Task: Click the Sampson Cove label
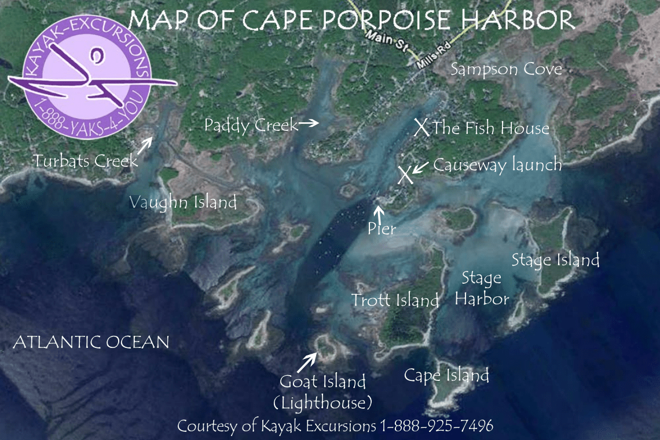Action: (506, 69)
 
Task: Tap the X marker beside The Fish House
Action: (422, 127)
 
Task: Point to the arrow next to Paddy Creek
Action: (309, 123)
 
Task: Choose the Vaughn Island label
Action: (183, 203)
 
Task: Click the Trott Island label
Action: (395, 300)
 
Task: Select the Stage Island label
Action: (555, 260)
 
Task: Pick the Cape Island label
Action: (446, 375)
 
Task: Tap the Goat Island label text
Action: (322, 382)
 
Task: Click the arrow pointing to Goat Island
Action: (307, 362)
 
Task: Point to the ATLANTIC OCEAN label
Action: (91, 342)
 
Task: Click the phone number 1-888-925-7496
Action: (437, 426)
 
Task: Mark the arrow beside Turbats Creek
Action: (145, 143)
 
